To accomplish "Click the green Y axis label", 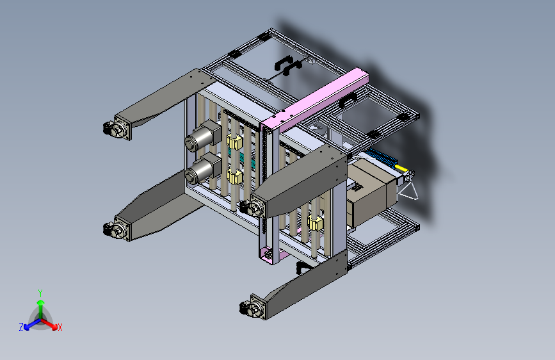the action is tap(40, 293).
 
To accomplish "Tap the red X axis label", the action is tap(60, 328).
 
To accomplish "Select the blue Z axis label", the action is tap(21, 327).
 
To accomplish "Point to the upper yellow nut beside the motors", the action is tap(234, 142).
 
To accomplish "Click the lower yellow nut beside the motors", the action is tap(234, 176).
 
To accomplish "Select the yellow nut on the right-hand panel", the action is tap(315, 223).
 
